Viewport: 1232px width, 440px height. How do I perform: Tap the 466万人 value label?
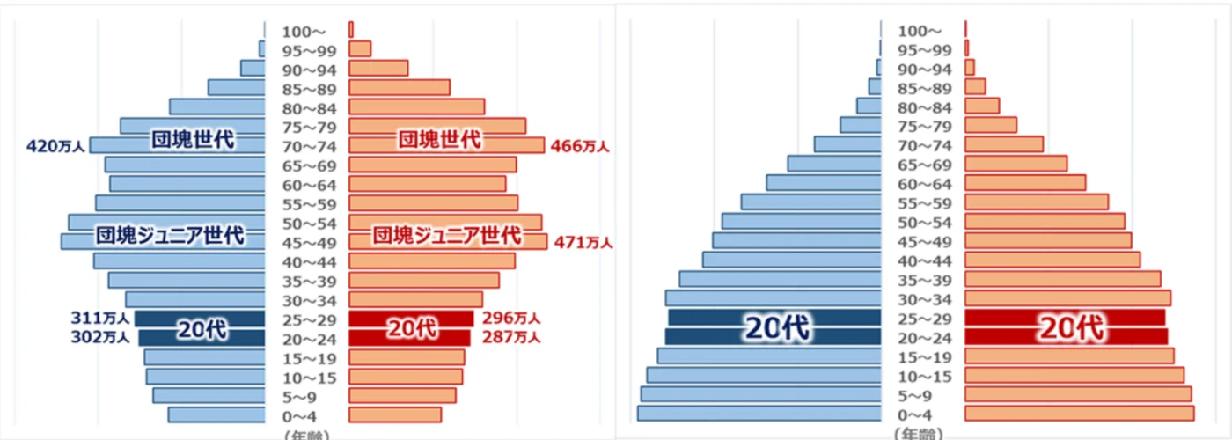[580, 146]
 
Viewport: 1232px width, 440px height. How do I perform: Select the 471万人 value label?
[583, 242]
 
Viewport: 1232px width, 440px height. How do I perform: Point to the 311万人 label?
[100, 318]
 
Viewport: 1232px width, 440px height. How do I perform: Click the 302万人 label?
[100, 336]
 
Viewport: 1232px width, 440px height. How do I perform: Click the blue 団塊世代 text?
[192, 140]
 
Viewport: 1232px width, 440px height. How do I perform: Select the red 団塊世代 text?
[440, 139]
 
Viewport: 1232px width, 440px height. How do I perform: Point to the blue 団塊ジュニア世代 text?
[170, 236]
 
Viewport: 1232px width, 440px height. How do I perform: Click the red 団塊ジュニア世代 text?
[446, 236]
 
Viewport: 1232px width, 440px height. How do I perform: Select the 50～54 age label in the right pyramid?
[922, 223]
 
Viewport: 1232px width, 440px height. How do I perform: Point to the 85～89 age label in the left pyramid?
[307, 89]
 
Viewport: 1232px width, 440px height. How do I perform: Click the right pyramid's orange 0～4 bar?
[1079, 414]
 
